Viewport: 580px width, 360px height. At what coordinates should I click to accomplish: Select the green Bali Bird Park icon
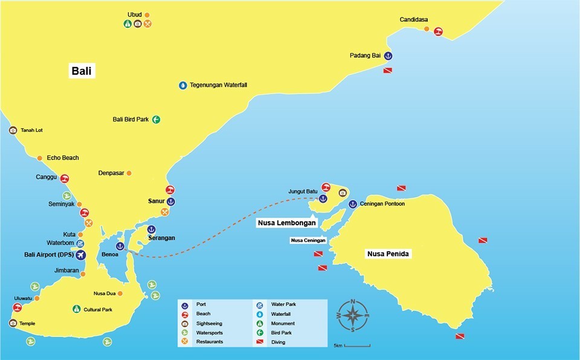tap(156, 120)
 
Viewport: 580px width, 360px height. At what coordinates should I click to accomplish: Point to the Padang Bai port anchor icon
tap(388, 56)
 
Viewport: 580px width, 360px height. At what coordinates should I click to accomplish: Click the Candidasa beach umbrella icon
tap(438, 32)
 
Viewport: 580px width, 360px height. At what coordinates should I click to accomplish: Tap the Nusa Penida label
tap(388, 254)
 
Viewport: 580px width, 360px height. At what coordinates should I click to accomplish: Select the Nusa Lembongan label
tap(286, 223)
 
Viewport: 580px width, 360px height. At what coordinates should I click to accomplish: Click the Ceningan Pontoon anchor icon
tap(353, 204)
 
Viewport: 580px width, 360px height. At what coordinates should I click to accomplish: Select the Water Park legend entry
tap(283, 304)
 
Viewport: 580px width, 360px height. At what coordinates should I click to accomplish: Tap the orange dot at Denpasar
tap(129, 173)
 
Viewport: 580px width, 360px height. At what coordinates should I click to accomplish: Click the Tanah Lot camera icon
tap(13, 130)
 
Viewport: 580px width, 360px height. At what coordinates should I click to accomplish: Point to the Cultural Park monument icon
tap(76, 309)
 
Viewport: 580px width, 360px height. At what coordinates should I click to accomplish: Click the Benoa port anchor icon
tap(120, 246)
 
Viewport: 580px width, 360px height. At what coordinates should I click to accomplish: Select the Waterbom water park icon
tap(80, 243)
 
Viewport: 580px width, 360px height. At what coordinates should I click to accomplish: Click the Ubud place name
tap(134, 14)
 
